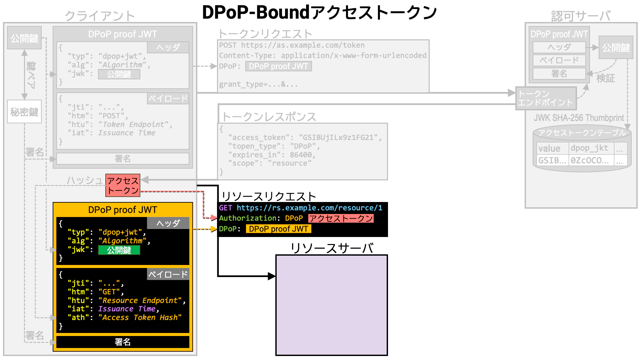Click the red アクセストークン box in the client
(x=123, y=185)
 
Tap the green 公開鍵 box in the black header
(x=119, y=250)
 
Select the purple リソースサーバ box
(x=331, y=305)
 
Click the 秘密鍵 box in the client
(x=24, y=112)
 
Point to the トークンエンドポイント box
(x=546, y=98)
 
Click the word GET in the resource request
(x=225, y=208)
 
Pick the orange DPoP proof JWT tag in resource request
(x=278, y=229)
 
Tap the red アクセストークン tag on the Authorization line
(x=341, y=218)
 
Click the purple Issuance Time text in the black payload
(x=127, y=309)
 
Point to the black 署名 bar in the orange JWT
(x=123, y=342)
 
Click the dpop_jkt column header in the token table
(x=589, y=148)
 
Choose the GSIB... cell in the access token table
(x=552, y=160)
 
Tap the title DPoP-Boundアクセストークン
(x=319, y=13)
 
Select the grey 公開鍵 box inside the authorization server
(x=616, y=48)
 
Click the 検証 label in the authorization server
(x=605, y=78)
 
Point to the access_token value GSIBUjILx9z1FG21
(x=338, y=138)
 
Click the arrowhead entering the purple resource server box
(x=272, y=276)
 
